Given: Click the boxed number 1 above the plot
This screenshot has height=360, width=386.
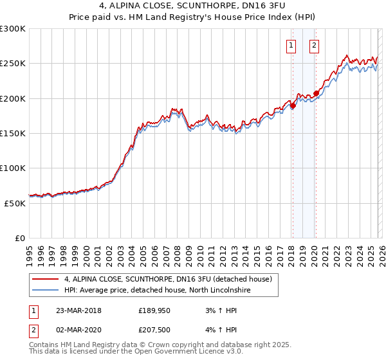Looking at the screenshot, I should pos(291,45).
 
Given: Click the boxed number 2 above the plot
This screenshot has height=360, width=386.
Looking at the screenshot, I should pos(314,45).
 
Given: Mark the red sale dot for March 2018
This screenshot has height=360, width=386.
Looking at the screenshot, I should pos(293,106).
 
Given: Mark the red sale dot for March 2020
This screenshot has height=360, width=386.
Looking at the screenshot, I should pos(315,93).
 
